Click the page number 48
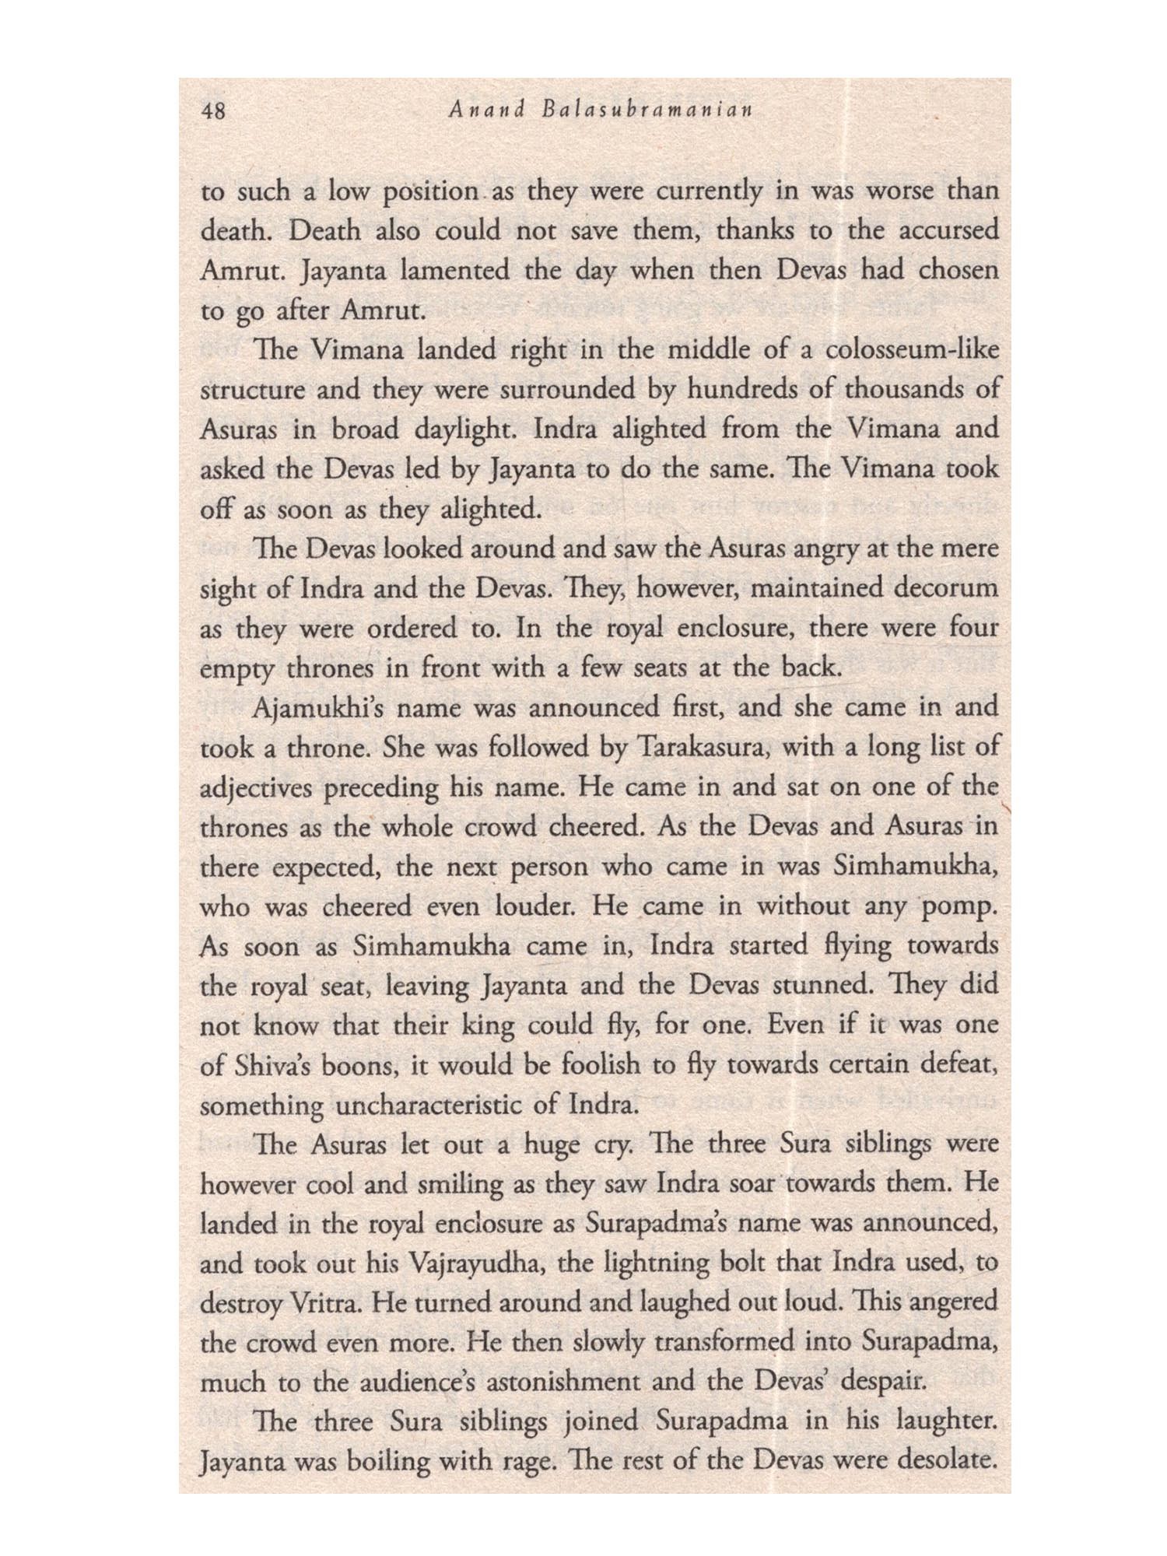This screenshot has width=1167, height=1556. tap(212, 111)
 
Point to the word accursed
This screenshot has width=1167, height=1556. tap(940, 231)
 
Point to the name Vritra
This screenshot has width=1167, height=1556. tap(320, 1304)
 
